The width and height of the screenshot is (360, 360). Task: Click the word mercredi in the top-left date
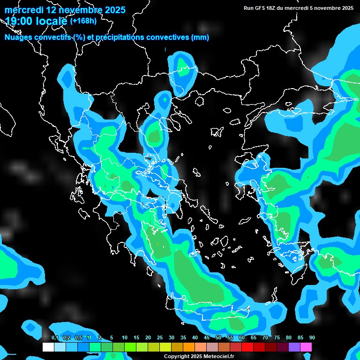(x=23, y=9)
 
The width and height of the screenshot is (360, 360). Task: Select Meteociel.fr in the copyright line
(x=218, y=357)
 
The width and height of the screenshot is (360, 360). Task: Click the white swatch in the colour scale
(x=48, y=347)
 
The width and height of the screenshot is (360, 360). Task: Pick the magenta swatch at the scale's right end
(x=306, y=347)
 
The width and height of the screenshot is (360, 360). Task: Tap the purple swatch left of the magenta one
(x=294, y=347)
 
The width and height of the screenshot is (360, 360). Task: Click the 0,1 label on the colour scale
(x=55, y=338)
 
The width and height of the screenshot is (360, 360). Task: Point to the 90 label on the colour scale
(x=312, y=338)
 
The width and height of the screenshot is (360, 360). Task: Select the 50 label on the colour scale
(x=218, y=338)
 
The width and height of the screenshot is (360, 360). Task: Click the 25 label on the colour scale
(x=160, y=338)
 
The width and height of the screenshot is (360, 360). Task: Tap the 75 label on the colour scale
(x=277, y=338)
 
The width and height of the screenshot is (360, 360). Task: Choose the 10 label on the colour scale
(x=125, y=338)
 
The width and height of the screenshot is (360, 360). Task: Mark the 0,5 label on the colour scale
(x=78, y=338)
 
